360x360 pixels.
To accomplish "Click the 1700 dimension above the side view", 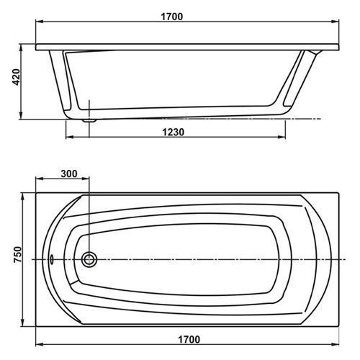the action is click(x=171, y=17).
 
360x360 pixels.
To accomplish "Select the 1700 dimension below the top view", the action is click(x=189, y=340).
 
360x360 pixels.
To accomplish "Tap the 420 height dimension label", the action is click(x=17, y=77).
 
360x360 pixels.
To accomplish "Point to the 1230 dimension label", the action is click(x=174, y=132).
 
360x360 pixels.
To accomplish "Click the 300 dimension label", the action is click(x=69, y=174).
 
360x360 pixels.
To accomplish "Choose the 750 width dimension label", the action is click(x=17, y=254).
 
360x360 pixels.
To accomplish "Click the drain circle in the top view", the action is click(x=89, y=259).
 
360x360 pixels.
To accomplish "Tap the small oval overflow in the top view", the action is click(x=51, y=259).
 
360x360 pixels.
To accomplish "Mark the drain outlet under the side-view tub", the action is click(x=89, y=120).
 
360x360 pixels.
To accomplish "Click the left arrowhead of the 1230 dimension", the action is click(x=69, y=137).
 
